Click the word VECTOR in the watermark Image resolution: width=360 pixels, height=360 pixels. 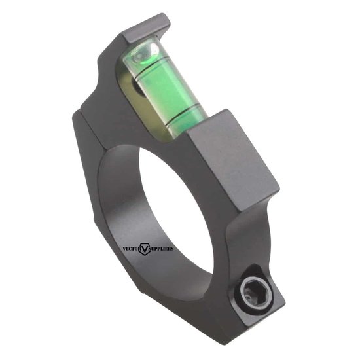[134, 249]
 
